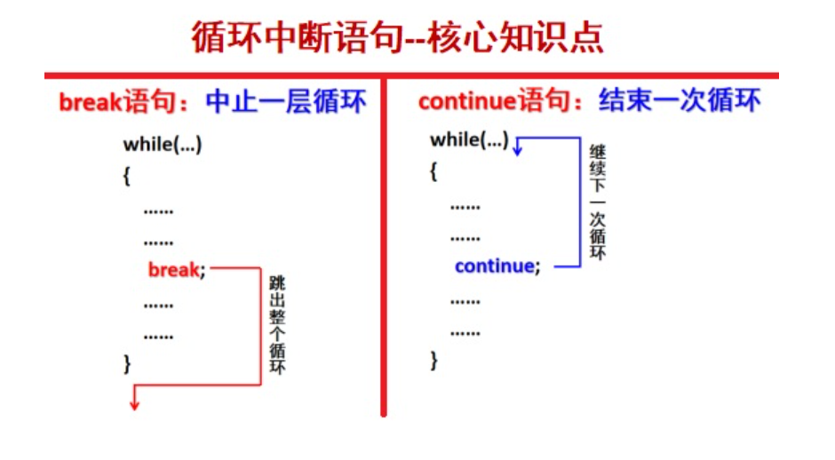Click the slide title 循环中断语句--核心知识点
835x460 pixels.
click(397, 37)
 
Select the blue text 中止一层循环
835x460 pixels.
click(285, 102)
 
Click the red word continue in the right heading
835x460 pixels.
click(466, 102)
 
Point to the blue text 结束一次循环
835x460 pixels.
click(680, 101)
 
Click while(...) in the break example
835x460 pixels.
click(163, 145)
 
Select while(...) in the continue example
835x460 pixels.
click(469, 140)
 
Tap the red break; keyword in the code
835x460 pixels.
click(176, 270)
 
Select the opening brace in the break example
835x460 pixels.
click(127, 176)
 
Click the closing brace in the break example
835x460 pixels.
click(127, 363)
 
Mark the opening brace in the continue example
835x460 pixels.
click(433, 171)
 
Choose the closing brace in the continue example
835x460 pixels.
click(433, 360)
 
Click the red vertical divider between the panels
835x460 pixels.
click(384, 249)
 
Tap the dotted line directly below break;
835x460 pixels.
click(158, 305)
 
